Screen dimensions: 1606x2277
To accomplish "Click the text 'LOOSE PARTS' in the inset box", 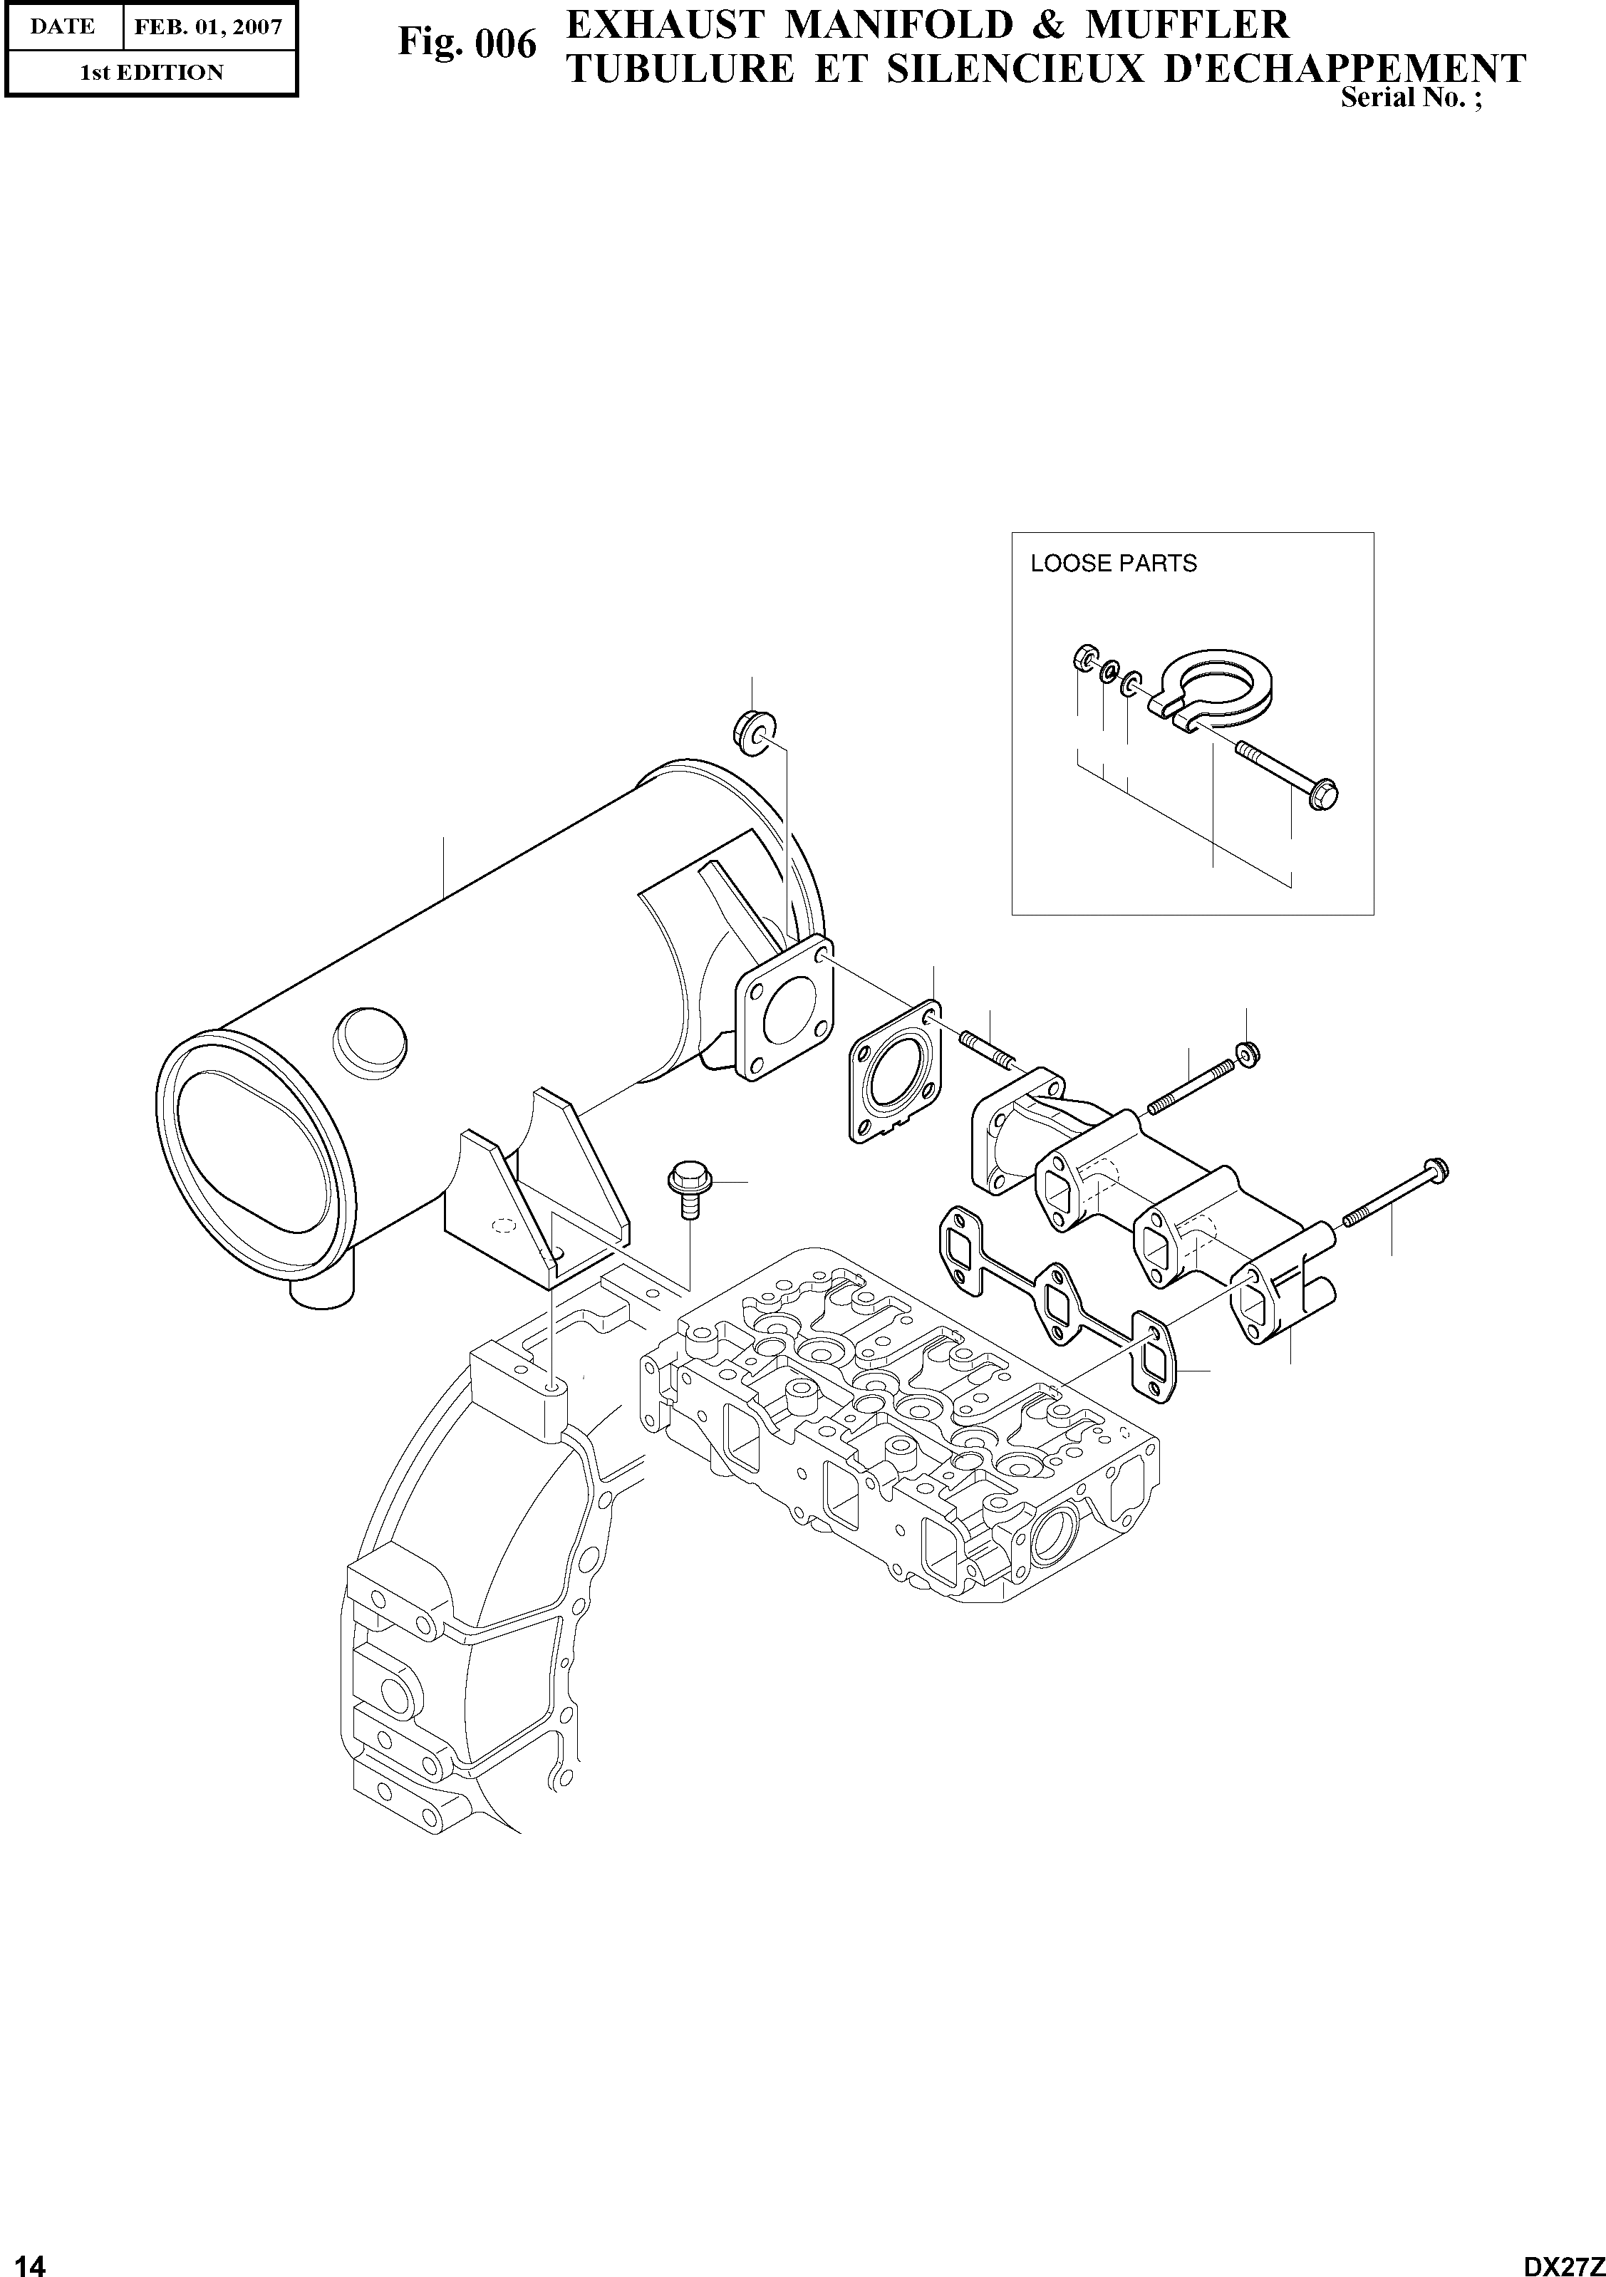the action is click(x=1113, y=564).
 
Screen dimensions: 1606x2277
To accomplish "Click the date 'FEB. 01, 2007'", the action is click(x=208, y=27).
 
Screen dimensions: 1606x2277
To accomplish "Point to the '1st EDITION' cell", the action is click(x=151, y=73).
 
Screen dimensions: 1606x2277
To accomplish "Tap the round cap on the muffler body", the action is click(x=366, y=1035).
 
